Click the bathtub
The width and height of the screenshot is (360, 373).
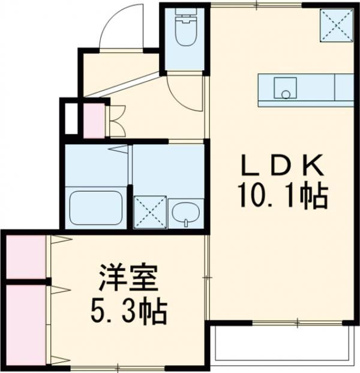[95, 207]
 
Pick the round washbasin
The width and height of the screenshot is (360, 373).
[187, 213]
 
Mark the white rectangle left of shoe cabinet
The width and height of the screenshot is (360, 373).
[70, 119]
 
